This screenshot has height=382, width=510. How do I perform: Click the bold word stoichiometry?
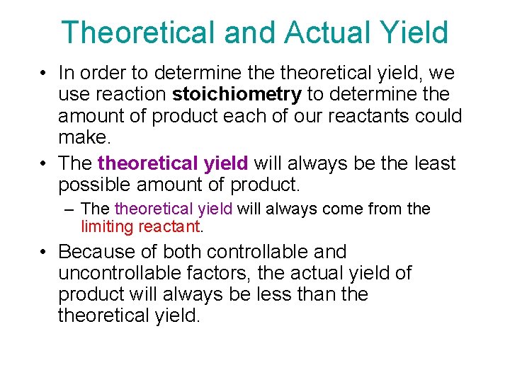coord(237,94)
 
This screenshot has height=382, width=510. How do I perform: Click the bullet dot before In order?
coord(45,73)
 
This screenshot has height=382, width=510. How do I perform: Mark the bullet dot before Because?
coord(45,252)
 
